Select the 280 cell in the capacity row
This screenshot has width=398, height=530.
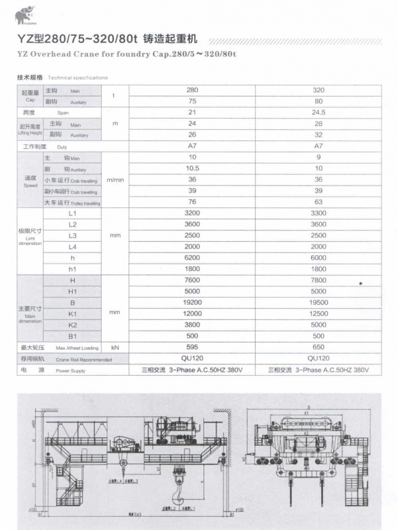point(192,89)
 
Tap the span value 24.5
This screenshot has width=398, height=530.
point(319,112)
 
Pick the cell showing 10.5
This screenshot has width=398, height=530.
point(192,168)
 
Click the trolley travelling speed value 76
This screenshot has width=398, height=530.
point(192,202)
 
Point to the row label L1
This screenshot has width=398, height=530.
point(72,213)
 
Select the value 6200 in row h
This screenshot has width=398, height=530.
point(192,258)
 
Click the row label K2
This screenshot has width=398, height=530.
point(72,325)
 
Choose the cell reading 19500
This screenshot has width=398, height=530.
point(319,303)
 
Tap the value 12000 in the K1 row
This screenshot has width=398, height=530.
point(192,313)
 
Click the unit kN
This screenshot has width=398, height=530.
point(115,347)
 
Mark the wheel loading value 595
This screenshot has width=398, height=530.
point(192,347)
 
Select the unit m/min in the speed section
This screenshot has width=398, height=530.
point(115,180)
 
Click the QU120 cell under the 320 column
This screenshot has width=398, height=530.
point(319,358)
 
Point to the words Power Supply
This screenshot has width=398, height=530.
point(71,371)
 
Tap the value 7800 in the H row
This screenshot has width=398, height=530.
point(319,280)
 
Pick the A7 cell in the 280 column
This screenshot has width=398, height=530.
point(192,146)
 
